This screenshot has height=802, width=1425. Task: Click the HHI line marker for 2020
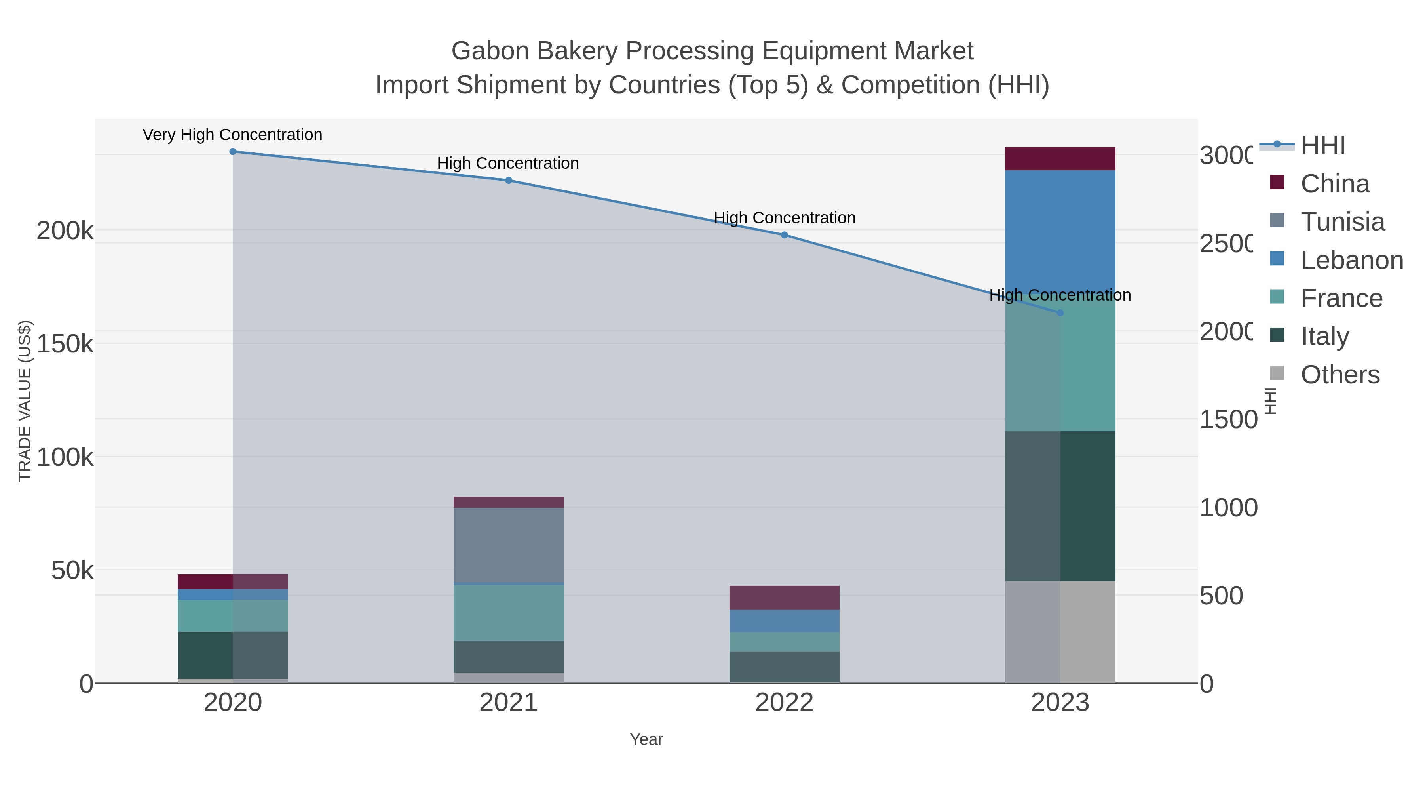(x=233, y=152)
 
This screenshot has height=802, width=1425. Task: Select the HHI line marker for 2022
(x=785, y=235)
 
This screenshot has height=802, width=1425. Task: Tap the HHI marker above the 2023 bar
(x=1060, y=313)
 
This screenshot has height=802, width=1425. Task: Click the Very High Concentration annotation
(x=232, y=135)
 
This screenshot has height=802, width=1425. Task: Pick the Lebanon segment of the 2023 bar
(x=1060, y=232)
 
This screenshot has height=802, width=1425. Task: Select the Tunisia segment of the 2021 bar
(x=508, y=545)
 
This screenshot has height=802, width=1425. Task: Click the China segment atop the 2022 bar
(x=785, y=598)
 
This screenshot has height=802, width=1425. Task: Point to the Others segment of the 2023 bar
(x=1060, y=632)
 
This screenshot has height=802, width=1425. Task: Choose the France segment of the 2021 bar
(x=508, y=613)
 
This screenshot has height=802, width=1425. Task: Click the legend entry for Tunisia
(x=1343, y=222)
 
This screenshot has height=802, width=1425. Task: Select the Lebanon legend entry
(x=1351, y=260)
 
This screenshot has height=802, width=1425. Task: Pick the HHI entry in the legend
(x=1322, y=146)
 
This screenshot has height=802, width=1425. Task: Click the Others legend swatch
(x=1277, y=373)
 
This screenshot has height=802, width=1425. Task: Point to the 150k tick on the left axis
(x=65, y=344)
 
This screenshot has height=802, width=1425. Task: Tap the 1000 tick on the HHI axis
(x=1228, y=508)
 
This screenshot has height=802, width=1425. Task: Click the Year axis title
(x=646, y=739)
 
